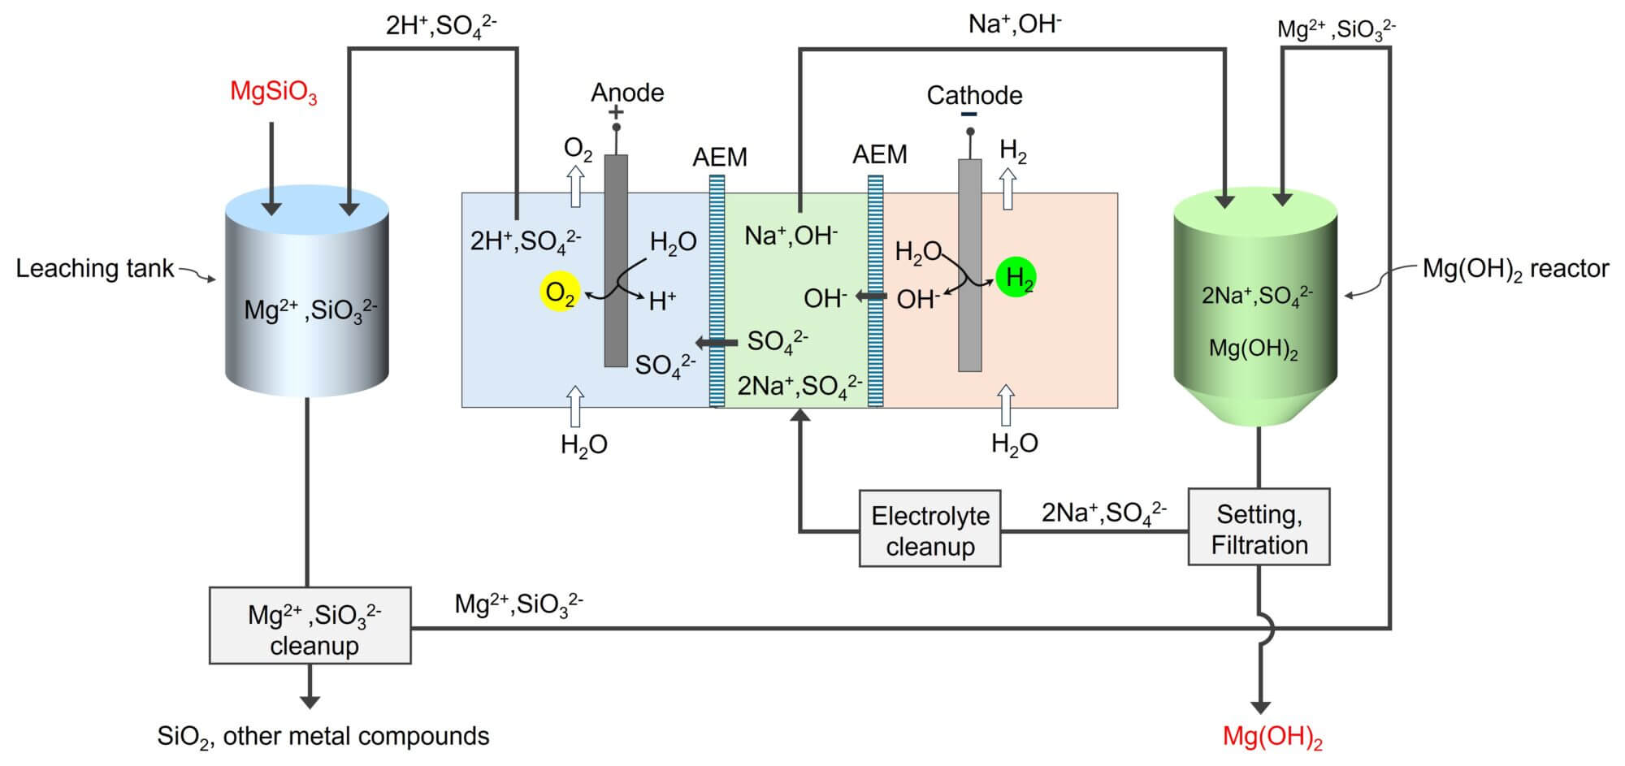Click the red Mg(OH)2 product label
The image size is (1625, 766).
pyautogui.click(x=1272, y=738)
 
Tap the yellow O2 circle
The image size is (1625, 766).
pyautogui.click(x=560, y=292)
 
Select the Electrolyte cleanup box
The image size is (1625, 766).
pyautogui.click(x=929, y=529)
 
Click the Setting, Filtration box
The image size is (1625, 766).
pyautogui.click(x=1259, y=528)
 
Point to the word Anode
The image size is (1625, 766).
pyautogui.click(x=627, y=93)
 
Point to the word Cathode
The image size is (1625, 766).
pyautogui.click(x=974, y=96)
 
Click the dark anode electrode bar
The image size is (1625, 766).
pyautogui.click(x=616, y=260)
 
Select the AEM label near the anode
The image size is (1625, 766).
pyautogui.click(x=719, y=157)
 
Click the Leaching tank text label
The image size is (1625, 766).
pyautogui.click(x=95, y=269)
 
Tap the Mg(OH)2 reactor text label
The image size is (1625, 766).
pyautogui.click(x=1514, y=269)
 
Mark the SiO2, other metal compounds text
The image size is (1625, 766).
pyautogui.click(x=323, y=737)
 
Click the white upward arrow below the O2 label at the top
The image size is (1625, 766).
pyautogui.click(x=576, y=186)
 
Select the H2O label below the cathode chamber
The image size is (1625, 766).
pyautogui.click(x=1014, y=444)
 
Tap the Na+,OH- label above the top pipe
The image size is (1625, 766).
pyautogui.click(x=1014, y=24)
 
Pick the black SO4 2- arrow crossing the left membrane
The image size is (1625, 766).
pyautogui.click(x=717, y=343)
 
